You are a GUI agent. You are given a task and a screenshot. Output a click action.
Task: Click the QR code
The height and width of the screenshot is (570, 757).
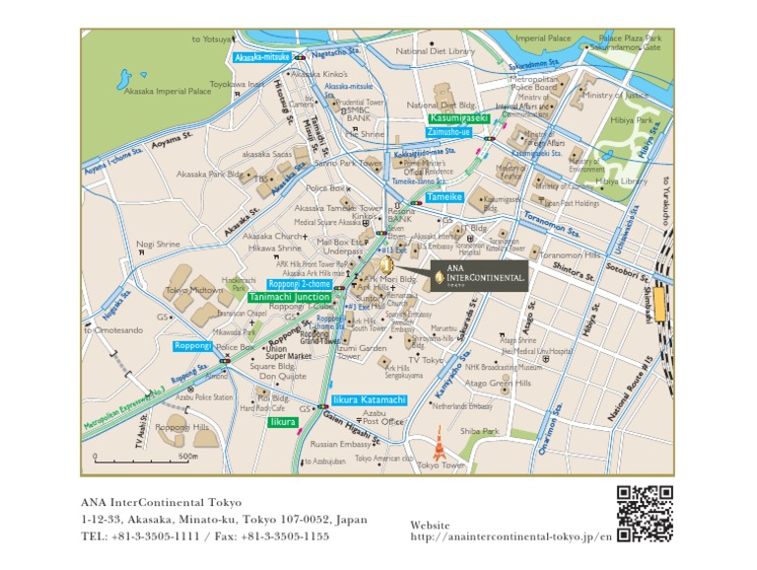pos(645,514)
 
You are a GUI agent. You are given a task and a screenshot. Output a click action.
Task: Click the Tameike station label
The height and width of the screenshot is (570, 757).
pos(445,197)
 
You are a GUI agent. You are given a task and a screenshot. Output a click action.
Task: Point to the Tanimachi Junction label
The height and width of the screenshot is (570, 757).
pos(290,296)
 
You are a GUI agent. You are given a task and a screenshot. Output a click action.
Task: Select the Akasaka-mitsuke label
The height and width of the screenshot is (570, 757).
pos(261,57)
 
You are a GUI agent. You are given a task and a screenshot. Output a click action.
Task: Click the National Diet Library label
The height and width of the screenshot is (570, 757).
pos(435,51)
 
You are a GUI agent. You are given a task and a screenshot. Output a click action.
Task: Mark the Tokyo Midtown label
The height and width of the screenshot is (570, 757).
pos(193,291)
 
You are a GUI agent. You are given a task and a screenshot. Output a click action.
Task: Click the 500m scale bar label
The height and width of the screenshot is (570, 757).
pos(188,457)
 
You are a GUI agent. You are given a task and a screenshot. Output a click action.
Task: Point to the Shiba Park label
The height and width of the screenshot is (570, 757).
pos(479,431)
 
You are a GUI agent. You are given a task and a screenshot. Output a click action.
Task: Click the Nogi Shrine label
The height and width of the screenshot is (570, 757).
pos(158,244)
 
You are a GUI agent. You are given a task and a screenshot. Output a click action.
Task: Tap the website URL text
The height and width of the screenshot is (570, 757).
pos(510,536)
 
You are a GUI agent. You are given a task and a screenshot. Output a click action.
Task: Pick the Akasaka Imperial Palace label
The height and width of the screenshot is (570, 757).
pos(169,91)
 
